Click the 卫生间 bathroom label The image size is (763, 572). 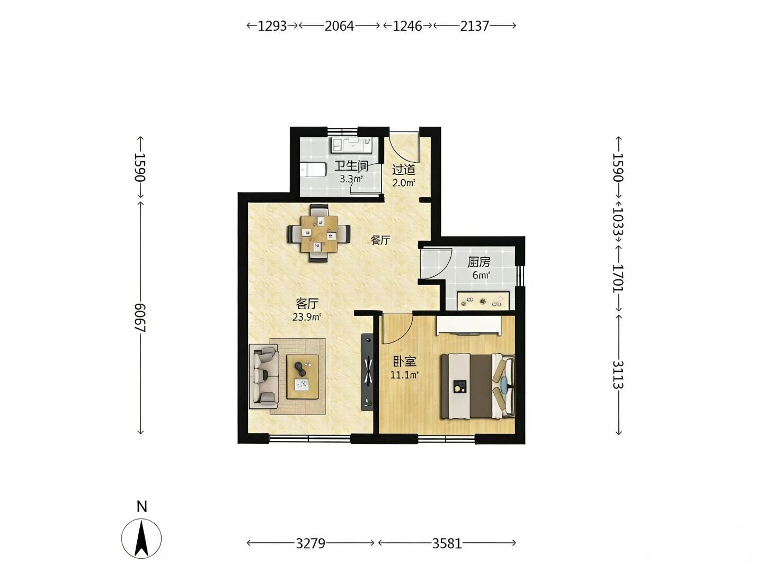click(351, 166)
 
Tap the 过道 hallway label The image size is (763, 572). click(404, 170)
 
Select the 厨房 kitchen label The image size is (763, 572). click(478, 262)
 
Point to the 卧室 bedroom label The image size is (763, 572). click(404, 362)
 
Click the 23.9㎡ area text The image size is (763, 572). click(306, 317)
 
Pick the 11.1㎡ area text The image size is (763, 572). click(404, 375)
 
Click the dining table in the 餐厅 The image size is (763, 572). click(319, 234)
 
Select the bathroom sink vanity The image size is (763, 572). click(351, 145)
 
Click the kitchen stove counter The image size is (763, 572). click(483, 301)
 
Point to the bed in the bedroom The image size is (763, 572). click(477, 386)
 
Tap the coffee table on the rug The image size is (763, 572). click(302, 377)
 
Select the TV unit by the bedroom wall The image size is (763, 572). click(367, 372)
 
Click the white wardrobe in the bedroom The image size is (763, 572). click(469, 326)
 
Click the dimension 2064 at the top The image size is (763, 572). click(339, 26)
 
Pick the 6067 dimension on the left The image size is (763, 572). click(140, 318)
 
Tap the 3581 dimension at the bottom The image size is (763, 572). click(447, 543)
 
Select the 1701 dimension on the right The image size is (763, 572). click(618, 279)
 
